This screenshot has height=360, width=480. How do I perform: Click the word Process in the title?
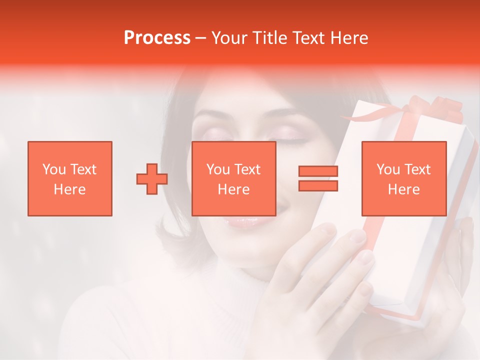(x=157, y=37)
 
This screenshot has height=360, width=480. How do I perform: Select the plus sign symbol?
(x=152, y=179)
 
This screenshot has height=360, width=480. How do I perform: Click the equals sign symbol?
(x=318, y=178)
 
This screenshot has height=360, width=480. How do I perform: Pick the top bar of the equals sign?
(x=318, y=171)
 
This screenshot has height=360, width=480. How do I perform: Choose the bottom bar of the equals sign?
(x=318, y=185)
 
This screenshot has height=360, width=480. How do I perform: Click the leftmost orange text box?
(x=69, y=178)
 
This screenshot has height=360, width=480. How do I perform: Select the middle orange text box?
(x=233, y=178)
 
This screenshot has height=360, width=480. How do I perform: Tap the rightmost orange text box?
(x=403, y=178)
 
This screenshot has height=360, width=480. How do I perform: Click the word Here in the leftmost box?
(x=69, y=189)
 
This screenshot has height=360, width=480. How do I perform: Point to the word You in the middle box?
(x=217, y=169)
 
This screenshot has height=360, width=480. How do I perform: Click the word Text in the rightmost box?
(x=417, y=169)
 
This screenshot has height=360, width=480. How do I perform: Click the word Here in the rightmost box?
(x=403, y=189)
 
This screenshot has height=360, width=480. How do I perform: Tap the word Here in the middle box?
(x=233, y=189)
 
